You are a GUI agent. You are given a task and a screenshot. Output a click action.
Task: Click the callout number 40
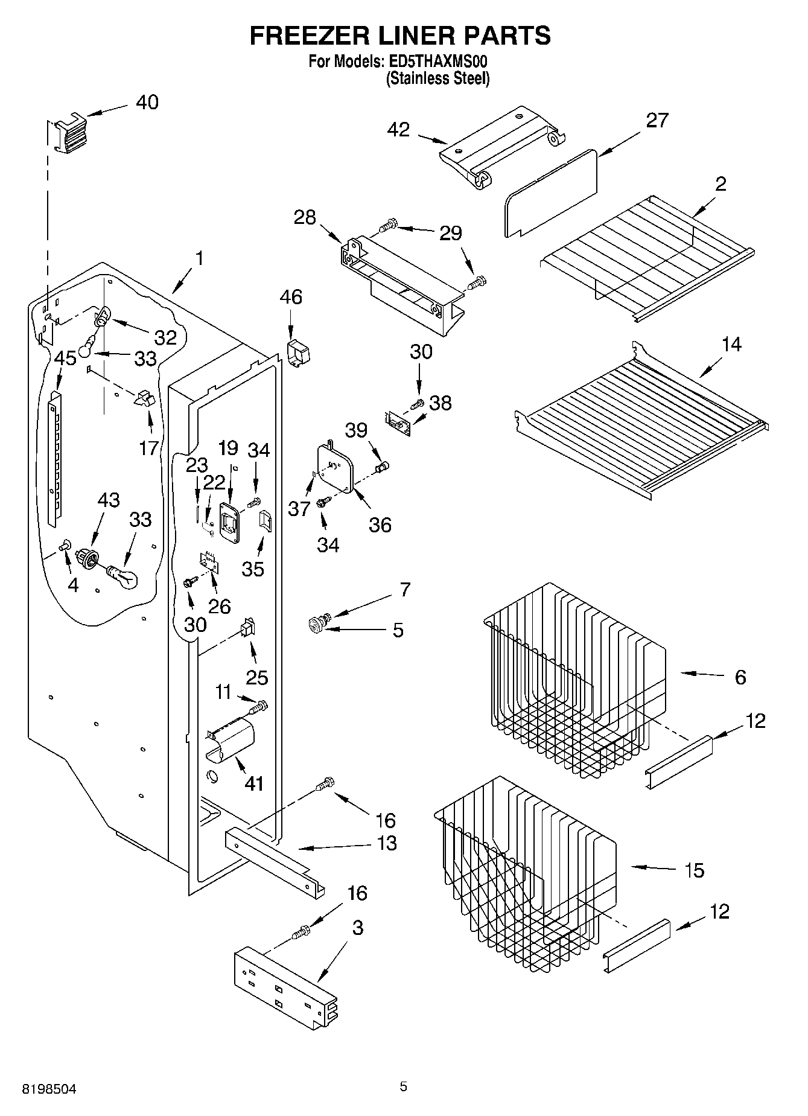click(x=147, y=103)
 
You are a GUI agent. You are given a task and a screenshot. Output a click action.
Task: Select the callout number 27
click(x=657, y=121)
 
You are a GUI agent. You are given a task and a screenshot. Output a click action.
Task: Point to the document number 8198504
click(x=49, y=1089)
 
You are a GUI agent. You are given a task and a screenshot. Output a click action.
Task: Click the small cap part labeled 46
click(x=296, y=352)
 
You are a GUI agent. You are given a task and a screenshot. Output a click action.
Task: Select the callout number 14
click(x=731, y=345)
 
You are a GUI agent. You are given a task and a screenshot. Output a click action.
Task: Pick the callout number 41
click(x=254, y=783)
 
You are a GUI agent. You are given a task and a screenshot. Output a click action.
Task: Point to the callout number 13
click(x=386, y=843)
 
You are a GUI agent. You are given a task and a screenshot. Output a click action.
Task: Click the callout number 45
click(x=65, y=359)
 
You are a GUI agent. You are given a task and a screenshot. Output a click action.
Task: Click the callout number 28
click(x=304, y=217)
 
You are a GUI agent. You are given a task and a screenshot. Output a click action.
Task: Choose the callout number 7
click(x=404, y=589)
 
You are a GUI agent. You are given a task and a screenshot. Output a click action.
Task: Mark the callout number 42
click(x=398, y=130)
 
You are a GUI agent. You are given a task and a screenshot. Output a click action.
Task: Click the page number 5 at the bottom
click(x=403, y=1086)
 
